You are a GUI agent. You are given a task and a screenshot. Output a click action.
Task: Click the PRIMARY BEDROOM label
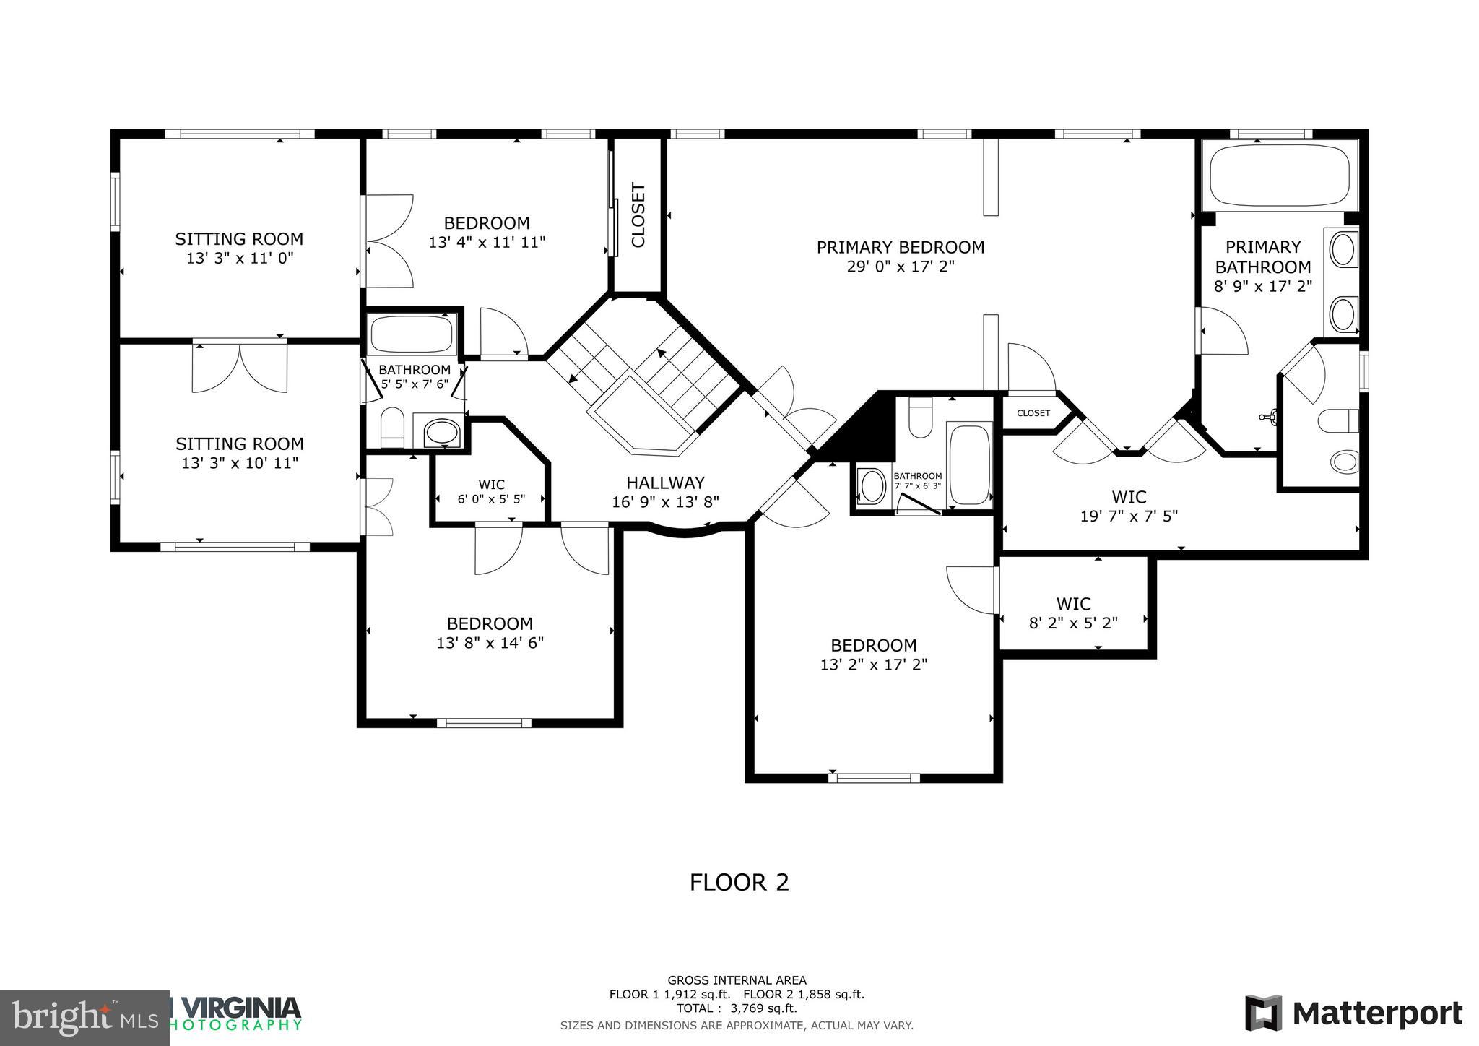[900, 248]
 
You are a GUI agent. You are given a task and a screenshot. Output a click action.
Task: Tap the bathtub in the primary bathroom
[1279, 176]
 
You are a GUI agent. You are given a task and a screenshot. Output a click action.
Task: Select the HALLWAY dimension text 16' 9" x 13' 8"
[665, 502]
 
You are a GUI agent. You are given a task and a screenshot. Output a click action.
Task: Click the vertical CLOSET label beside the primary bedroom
[638, 215]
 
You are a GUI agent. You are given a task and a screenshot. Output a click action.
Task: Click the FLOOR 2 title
[739, 883]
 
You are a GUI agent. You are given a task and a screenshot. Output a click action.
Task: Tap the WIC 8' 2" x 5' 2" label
[1073, 613]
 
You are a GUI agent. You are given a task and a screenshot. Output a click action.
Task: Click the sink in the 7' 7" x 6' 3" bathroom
[872, 485]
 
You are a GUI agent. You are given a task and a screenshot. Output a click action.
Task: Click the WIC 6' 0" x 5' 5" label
[491, 492]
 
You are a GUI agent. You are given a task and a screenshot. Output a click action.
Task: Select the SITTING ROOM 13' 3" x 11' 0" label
[239, 248]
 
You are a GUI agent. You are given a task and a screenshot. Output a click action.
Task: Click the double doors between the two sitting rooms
[240, 368]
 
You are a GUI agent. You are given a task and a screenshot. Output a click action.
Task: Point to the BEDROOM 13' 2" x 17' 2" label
[873, 654]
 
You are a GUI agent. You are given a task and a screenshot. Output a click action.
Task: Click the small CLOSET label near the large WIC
[1033, 413]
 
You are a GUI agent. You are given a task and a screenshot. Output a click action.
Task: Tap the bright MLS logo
[84, 1018]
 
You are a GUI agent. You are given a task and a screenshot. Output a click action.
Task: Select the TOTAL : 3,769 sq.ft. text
[736, 1008]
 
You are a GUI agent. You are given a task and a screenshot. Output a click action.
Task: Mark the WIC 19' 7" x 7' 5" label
[1128, 506]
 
